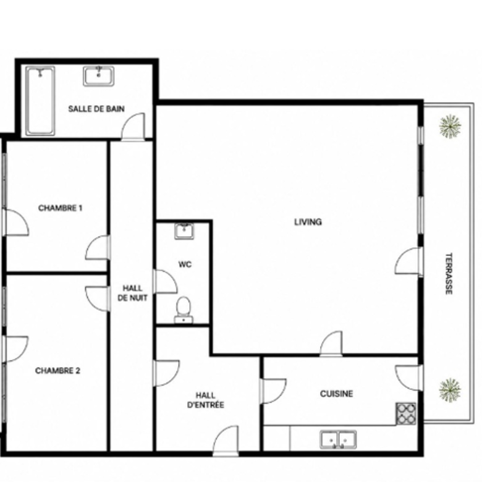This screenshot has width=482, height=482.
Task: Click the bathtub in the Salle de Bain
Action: (40, 101)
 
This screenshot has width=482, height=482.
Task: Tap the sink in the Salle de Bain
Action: (99, 76)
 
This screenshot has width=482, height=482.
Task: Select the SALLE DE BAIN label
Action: (96, 109)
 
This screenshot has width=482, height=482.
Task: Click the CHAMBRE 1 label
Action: (61, 208)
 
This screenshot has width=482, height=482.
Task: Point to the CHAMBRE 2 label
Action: (58, 371)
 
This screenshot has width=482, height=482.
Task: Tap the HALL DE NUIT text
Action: (132, 293)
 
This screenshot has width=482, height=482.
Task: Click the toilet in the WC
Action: (184, 310)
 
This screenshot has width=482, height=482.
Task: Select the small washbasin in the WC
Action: (184, 231)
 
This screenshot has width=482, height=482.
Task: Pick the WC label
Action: (185, 264)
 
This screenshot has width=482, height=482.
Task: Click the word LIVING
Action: (308, 222)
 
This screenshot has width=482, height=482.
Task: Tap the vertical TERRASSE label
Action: (449, 274)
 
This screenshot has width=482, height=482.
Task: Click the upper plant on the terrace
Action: (450, 126)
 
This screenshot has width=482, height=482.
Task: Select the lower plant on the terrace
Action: (450, 390)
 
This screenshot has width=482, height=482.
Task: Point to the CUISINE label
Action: (337, 394)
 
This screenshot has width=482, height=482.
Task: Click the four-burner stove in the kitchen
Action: (406, 414)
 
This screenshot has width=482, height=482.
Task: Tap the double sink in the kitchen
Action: (338, 439)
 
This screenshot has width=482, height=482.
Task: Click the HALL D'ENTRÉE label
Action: (206, 400)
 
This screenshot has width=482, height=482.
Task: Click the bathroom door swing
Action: (133, 127)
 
